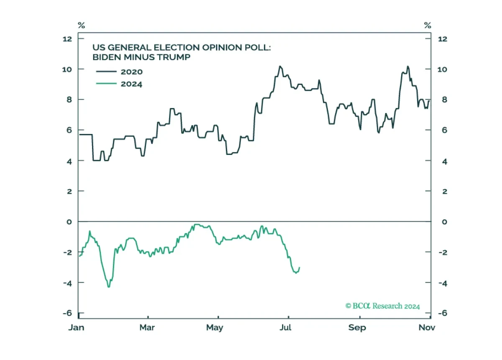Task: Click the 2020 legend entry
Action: pyautogui.click(x=119, y=72)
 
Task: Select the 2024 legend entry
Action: pyautogui.click(x=119, y=84)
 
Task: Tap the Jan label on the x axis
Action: pyautogui.click(x=77, y=327)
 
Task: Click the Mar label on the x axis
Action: pyautogui.click(x=147, y=327)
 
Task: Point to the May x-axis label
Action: pyautogui.click(x=215, y=328)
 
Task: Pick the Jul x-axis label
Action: pyautogui.click(x=285, y=327)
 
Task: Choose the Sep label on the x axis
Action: pyautogui.click(x=357, y=328)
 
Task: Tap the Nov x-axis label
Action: pyautogui.click(x=427, y=327)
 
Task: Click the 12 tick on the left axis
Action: pyautogui.click(x=67, y=39)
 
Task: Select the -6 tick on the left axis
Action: pyautogui.click(x=67, y=313)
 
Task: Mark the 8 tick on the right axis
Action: pyautogui.click(x=444, y=100)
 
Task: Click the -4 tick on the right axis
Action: pyautogui.click(x=443, y=283)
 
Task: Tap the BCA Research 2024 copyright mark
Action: pyautogui.click(x=382, y=306)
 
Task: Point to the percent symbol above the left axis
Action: pyautogui.click(x=81, y=26)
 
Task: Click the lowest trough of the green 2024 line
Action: pyautogui.click(x=109, y=287)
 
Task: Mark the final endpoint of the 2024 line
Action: pyautogui.click(x=300, y=267)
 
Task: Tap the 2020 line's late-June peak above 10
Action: pyautogui.click(x=280, y=66)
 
